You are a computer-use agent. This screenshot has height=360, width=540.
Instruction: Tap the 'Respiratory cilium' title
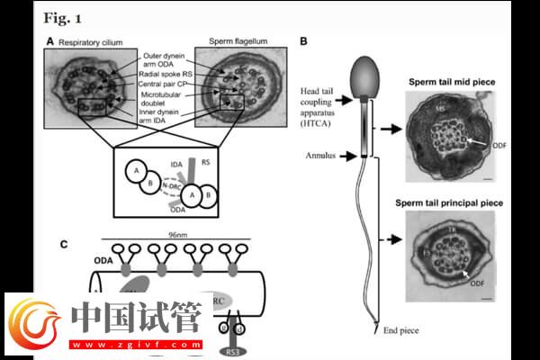tap(94, 41)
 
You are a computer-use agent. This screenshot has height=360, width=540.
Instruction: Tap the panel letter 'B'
tap(304, 41)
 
